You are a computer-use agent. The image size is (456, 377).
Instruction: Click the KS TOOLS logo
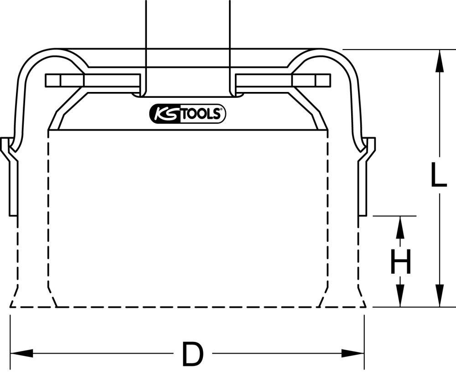pyautogui.click(x=187, y=114)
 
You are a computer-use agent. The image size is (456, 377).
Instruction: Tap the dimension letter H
pyautogui.click(x=401, y=261)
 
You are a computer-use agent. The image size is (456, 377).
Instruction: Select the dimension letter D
pyautogui.click(x=192, y=354)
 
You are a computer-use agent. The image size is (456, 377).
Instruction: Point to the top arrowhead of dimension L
pyautogui.click(x=439, y=60)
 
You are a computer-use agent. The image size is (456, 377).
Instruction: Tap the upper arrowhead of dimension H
pyautogui.click(x=400, y=226)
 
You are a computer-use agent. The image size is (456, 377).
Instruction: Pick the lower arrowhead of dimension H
pyautogui.click(x=400, y=297)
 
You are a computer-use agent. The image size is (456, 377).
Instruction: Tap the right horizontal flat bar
pyautogui.click(x=283, y=80)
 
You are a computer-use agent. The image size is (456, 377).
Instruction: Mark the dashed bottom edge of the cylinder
pyautogui.click(x=187, y=307)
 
